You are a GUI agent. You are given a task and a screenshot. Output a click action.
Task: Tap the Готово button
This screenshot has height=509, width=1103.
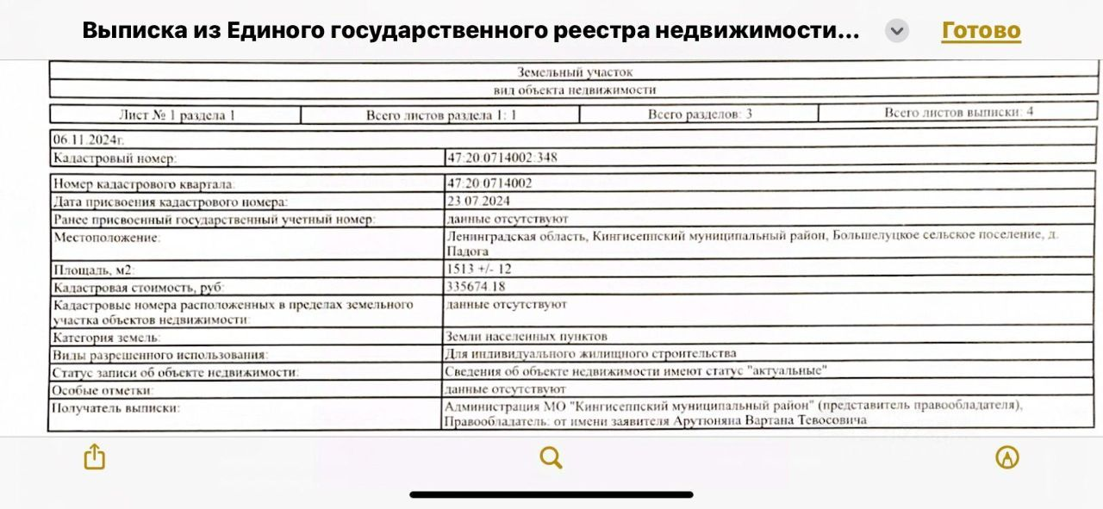click(x=981, y=31)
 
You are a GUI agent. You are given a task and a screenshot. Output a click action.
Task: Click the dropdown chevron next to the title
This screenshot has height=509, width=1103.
click(x=897, y=31)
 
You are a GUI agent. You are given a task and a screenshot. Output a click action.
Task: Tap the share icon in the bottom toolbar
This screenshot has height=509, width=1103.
click(x=94, y=456)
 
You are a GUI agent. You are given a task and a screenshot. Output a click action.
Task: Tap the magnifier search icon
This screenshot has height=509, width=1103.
click(x=551, y=457)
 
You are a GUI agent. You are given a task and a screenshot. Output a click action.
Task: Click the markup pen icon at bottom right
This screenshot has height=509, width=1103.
click(x=1006, y=457)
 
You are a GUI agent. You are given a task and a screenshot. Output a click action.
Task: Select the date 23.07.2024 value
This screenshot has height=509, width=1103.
click(x=478, y=202)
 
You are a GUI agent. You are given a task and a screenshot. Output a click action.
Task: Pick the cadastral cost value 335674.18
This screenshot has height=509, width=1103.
click(x=477, y=286)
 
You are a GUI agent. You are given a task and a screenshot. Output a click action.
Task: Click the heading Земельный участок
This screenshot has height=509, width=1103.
click(x=574, y=72)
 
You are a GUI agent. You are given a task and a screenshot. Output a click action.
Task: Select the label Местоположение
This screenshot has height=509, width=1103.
click(x=107, y=236)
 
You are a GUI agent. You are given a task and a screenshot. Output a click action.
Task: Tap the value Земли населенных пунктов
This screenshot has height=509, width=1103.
click(x=526, y=336)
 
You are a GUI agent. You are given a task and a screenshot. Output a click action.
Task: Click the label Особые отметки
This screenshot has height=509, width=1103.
click(x=97, y=389)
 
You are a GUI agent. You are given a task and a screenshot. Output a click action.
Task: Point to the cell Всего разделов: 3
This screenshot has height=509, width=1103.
click(x=700, y=114)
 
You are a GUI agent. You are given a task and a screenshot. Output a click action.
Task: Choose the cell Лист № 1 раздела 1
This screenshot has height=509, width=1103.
click(x=177, y=115)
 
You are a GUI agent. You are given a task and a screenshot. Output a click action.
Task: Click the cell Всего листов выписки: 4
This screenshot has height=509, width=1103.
click(x=958, y=113)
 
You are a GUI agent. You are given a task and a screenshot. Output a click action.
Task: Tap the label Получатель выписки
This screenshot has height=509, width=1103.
click(x=116, y=407)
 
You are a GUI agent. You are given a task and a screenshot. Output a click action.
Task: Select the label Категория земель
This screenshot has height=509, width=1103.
click(x=106, y=338)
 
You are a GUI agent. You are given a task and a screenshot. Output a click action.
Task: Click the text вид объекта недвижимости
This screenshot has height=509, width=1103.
click(x=574, y=90)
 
